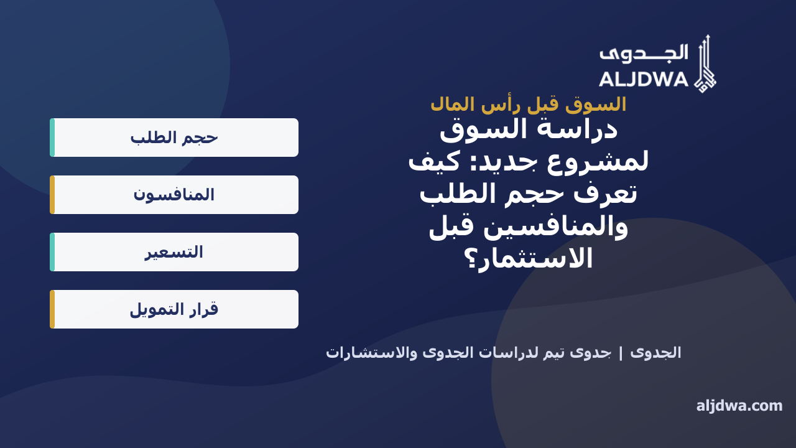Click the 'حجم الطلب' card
coord(174,138)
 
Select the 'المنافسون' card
coord(174,195)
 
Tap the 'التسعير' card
coord(174,252)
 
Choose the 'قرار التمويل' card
coord(174,309)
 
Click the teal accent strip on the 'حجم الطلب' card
coord(52,138)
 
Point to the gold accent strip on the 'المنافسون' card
coord(52,195)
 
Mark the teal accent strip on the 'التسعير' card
coord(52,252)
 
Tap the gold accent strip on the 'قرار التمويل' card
coord(52,309)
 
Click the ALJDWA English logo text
coord(644,79)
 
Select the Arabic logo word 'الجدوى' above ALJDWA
coord(644,54)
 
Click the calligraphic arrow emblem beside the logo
coord(705,64)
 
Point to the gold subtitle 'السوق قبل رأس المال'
coord(529,105)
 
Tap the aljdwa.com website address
coord(739,406)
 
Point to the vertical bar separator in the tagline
coord(621,353)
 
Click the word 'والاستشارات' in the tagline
coord(372,353)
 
